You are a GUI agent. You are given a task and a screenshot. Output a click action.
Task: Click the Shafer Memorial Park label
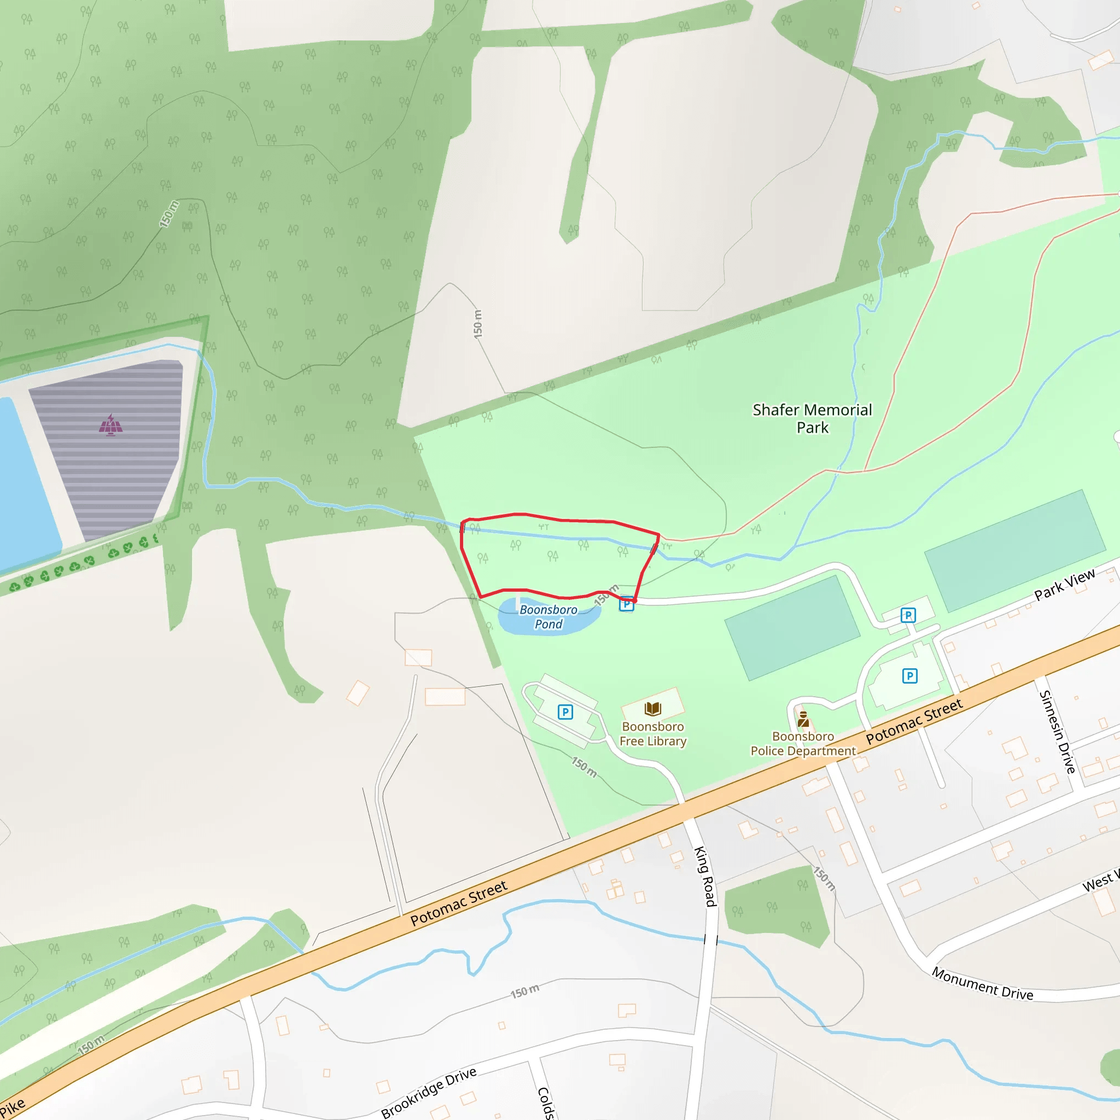click(812, 418)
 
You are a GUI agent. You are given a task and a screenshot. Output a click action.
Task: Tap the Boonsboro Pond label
click(549, 617)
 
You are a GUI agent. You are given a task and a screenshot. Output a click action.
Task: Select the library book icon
click(653, 708)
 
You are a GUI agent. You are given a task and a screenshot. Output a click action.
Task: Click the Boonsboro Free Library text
click(653, 734)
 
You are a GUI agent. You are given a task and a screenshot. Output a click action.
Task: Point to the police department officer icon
click(803, 720)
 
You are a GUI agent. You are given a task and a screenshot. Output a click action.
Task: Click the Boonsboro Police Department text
click(803, 744)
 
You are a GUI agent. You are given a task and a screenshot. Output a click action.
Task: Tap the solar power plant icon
click(110, 425)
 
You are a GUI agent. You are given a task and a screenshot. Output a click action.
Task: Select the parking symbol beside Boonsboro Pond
click(626, 604)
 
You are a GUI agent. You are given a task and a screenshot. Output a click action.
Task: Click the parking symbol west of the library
click(565, 712)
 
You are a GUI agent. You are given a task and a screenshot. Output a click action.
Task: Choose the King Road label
click(705, 877)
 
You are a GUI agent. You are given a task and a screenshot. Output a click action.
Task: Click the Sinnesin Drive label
click(1058, 732)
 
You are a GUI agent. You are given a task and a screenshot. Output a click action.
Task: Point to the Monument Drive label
click(982, 984)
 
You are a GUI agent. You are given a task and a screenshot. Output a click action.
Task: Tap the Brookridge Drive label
click(428, 1092)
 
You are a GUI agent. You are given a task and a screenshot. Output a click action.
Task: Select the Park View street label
click(1064, 585)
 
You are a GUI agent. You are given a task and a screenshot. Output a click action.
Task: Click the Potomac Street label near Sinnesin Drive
click(914, 722)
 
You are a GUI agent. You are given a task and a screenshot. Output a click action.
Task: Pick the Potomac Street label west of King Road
click(458, 903)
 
